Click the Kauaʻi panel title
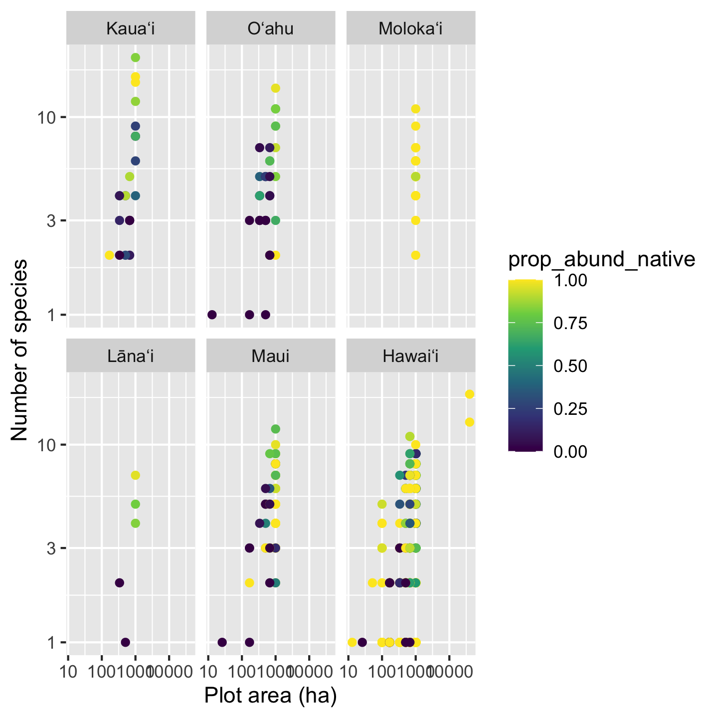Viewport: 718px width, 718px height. click(x=131, y=29)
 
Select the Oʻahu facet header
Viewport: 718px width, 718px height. click(x=270, y=29)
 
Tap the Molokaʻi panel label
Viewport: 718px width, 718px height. click(x=410, y=29)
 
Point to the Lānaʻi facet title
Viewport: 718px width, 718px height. click(x=131, y=356)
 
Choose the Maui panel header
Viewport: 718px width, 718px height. click(x=270, y=356)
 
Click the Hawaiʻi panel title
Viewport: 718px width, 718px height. click(x=410, y=356)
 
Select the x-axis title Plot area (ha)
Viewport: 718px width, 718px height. click(x=270, y=696)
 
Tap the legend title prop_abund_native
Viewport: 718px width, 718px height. click(x=601, y=259)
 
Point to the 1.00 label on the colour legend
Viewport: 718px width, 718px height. click(x=570, y=281)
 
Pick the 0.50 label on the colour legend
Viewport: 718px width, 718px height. click(x=570, y=366)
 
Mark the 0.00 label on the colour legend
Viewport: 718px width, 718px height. click(x=570, y=452)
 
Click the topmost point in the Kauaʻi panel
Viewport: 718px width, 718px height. click(x=135, y=57)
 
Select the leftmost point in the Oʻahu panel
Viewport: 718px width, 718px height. click(x=212, y=315)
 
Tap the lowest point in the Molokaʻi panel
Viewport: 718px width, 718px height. click(x=415, y=255)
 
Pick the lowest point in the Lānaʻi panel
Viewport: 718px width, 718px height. click(x=125, y=642)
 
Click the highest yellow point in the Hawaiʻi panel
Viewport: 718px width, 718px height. click(x=469, y=394)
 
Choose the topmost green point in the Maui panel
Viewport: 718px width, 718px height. click(x=275, y=429)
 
